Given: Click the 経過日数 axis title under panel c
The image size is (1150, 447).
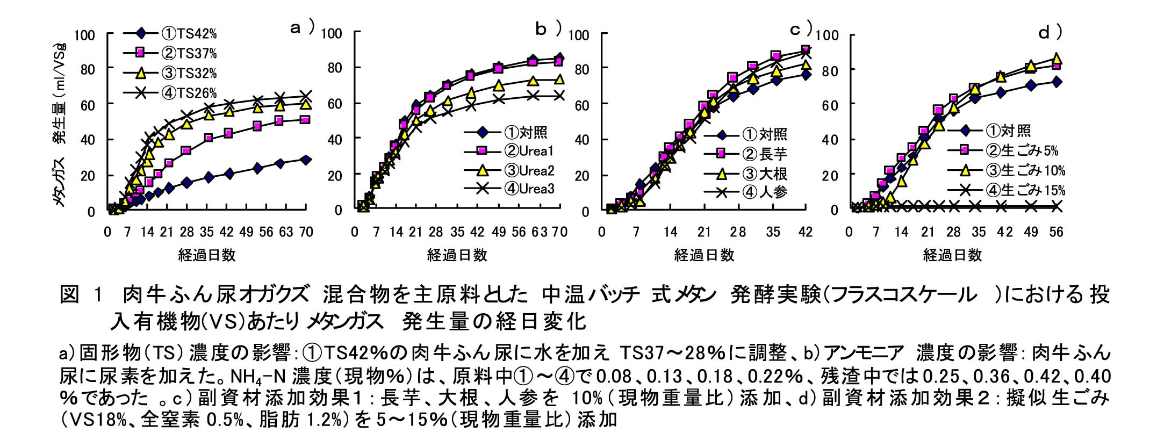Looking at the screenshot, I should pos(704,255).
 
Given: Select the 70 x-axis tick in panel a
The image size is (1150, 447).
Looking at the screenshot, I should pos(305,232).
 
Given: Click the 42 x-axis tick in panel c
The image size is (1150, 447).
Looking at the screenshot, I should pos(804,232).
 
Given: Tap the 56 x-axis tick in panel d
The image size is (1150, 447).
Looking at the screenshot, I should pos(1056,232).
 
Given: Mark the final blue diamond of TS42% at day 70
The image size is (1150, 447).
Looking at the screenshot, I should pos(305,160).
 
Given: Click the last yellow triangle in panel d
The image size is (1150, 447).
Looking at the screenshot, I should pos(1056,59).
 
